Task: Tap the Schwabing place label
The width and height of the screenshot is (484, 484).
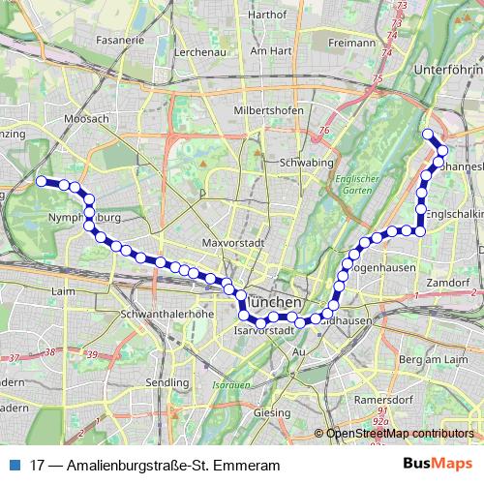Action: [305, 164]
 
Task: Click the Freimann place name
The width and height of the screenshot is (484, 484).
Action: [351, 43]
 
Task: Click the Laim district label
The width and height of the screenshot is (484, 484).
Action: [65, 289]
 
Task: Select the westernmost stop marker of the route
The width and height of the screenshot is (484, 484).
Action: [42, 181]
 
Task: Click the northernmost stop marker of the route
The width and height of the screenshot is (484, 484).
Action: [429, 135]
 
